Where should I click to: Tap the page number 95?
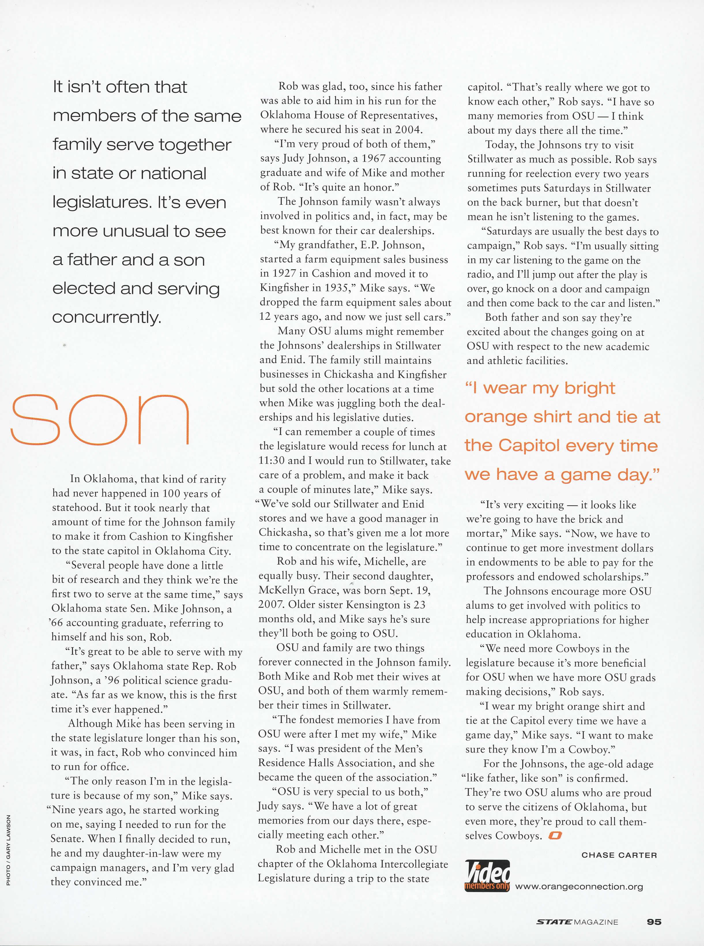click(654, 921)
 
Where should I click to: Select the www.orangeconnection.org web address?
click(579, 887)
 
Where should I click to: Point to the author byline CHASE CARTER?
click(619, 855)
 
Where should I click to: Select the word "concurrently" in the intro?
click(107, 317)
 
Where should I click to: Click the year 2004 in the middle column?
click(408, 129)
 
